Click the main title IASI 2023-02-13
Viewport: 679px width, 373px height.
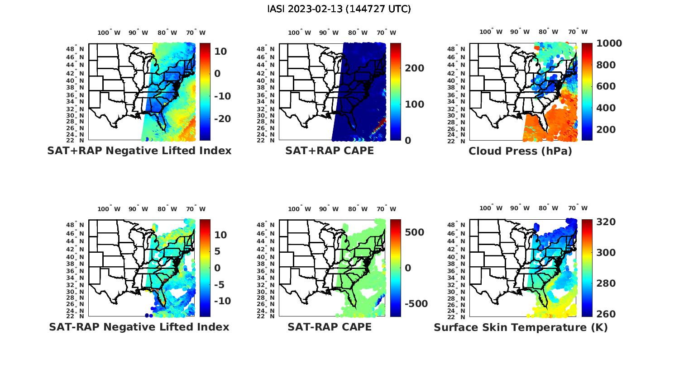click(339, 9)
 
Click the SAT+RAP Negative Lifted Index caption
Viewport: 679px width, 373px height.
click(139, 151)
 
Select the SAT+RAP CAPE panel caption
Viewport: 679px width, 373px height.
click(330, 151)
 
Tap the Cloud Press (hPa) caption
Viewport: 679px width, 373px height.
click(520, 151)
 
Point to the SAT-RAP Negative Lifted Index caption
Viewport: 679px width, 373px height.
click(139, 327)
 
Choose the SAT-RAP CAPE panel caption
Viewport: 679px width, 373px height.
click(330, 327)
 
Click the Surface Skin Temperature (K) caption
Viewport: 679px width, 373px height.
click(521, 327)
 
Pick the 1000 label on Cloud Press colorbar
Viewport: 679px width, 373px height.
click(609, 43)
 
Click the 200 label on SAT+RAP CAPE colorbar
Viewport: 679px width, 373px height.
click(414, 68)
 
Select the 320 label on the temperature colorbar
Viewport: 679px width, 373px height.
click(606, 222)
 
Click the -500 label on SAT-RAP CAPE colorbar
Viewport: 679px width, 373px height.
click(416, 304)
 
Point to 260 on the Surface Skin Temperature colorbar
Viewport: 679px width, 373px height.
click(606, 314)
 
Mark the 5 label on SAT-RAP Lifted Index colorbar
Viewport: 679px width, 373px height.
click(217, 251)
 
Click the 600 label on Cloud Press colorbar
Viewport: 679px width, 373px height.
click(606, 86)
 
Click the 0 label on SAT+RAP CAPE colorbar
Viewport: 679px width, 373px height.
click(408, 141)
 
